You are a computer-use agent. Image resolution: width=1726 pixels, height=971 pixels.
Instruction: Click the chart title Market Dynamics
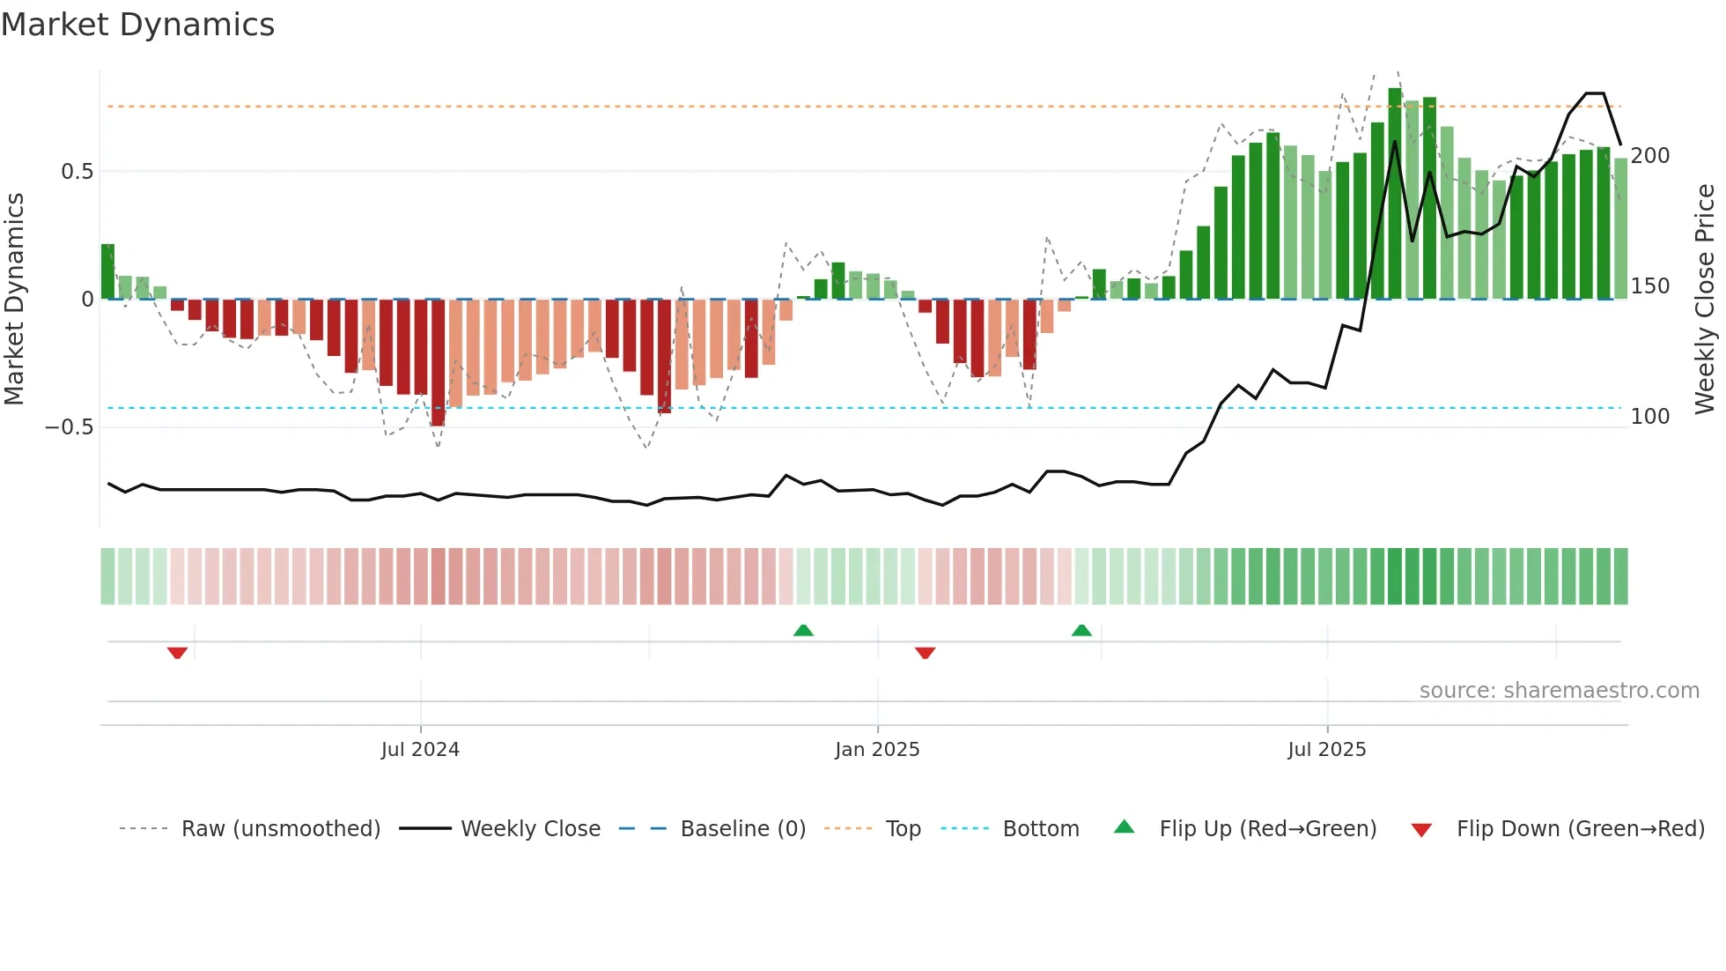pos(137,25)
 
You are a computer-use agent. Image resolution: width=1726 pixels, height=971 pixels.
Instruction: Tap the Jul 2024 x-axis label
pos(420,749)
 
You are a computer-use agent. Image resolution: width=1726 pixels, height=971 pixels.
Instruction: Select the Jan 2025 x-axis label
pos(877,749)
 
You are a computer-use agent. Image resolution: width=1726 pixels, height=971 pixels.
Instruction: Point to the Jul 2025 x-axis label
pos(1326,749)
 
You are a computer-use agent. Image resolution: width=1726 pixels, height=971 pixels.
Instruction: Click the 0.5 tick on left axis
pos(77,171)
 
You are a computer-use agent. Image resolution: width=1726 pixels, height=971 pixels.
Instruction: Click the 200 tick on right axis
pos(1649,156)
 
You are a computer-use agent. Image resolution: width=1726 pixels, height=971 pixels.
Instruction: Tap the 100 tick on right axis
pos(1649,416)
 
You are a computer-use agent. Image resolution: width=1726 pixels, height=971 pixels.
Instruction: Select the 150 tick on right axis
pos(1649,286)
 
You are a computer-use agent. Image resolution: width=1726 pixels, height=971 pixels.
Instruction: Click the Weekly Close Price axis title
pos(1705,299)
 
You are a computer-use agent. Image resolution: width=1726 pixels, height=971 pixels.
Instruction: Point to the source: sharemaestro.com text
pos(1559,691)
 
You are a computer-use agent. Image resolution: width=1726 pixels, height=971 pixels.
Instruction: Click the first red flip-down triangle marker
pos(177,653)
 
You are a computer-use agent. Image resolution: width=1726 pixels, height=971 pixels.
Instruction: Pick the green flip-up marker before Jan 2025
pos(803,630)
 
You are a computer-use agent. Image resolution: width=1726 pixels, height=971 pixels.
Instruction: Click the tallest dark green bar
pos(1395,194)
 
